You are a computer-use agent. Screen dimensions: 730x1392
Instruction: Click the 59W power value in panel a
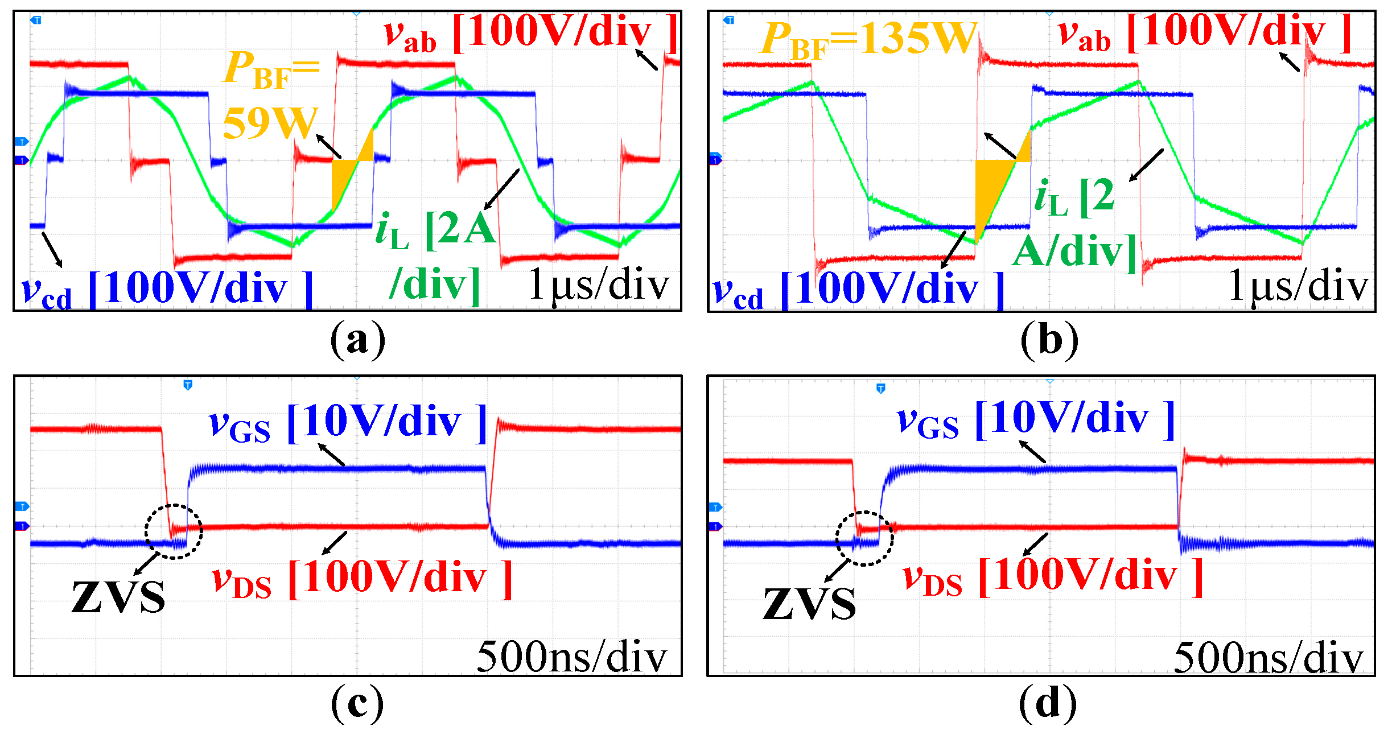pos(269,122)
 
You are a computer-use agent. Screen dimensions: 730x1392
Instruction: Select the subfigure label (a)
pos(357,340)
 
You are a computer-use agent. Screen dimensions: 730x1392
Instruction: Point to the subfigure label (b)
pos(1049,340)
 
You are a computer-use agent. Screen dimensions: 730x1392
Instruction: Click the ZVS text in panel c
pos(118,597)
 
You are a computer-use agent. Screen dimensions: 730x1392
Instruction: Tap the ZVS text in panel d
pos(809,603)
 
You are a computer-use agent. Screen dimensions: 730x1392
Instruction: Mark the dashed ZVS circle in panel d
pos(864,538)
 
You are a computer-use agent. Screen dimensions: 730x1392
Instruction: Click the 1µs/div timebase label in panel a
pos(598,284)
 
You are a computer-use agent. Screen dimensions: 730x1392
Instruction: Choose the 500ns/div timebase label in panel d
pos(1269,658)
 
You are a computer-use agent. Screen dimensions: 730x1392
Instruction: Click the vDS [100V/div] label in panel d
pos(1053,578)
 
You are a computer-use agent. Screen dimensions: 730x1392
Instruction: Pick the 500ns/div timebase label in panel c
pos(571,657)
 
